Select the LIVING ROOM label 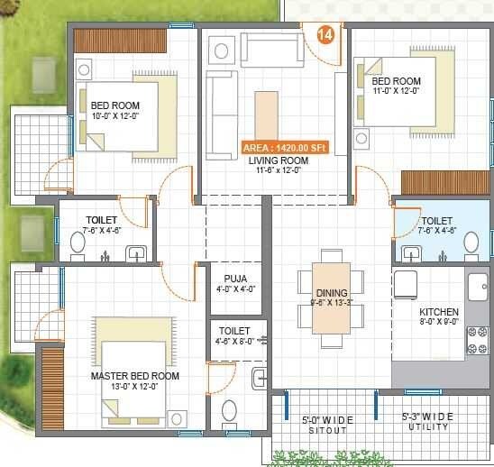(x=279, y=161)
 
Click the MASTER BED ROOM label (x=135, y=376)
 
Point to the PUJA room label (x=236, y=279)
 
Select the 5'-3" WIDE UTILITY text (x=428, y=421)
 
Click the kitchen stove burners (x=475, y=340)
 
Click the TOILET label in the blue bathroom (x=436, y=221)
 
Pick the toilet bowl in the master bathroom (x=229, y=411)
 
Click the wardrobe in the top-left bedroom (x=120, y=41)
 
